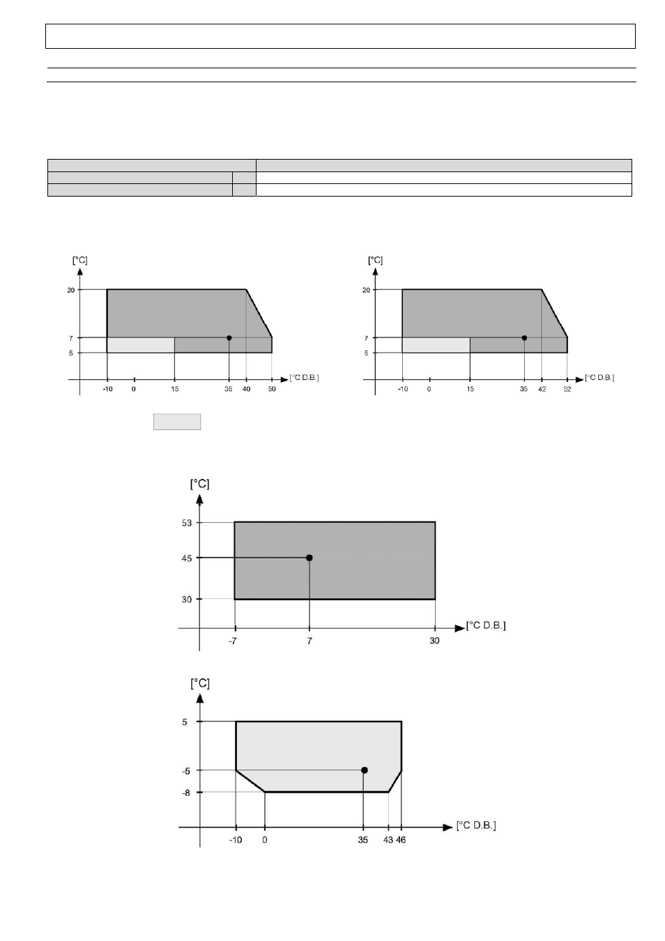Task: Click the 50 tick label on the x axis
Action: pos(272,389)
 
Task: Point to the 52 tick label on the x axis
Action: pos(567,389)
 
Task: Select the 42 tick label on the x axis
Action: pos(542,389)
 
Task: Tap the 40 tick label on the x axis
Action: pos(246,389)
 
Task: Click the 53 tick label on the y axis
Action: pos(187,523)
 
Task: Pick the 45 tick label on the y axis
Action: pos(187,558)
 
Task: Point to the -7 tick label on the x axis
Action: pos(232,641)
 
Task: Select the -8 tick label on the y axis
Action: pos(185,793)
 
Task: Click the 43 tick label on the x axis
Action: pos(388,840)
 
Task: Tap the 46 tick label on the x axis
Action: pos(401,840)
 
